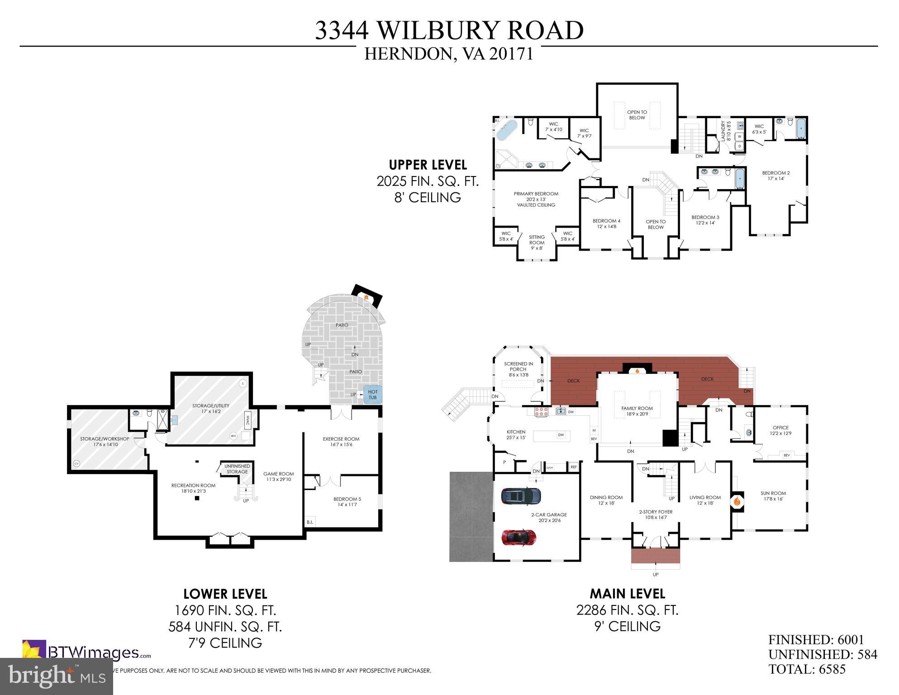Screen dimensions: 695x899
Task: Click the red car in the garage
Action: pyautogui.click(x=519, y=537)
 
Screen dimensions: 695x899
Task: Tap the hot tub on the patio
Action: pyautogui.click(x=373, y=395)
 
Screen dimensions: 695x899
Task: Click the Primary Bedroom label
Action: pyautogui.click(x=536, y=199)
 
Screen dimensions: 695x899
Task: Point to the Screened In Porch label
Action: pyautogui.click(x=518, y=369)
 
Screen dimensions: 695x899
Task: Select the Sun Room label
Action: pyautogui.click(x=773, y=496)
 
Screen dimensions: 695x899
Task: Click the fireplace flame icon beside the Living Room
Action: pyautogui.click(x=737, y=501)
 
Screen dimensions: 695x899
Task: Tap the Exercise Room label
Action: pyautogui.click(x=341, y=442)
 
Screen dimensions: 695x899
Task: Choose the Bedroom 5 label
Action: pyautogui.click(x=347, y=502)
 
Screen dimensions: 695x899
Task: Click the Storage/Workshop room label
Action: pyautogui.click(x=105, y=442)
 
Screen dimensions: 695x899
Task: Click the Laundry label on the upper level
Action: pyautogui.click(x=723, y=131)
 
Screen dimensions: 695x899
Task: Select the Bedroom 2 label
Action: pyautogui.click(x=775, y=176)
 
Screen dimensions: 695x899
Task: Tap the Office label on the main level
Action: pyautogui.click(x=780, y=430)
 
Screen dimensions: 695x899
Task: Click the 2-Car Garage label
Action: pyautogui.click(x=549, y=518)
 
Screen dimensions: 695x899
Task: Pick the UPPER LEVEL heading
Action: pyautogui.click(x=428, y=165)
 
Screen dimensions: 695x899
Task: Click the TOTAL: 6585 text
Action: pyautogui.click(x=807, y=669)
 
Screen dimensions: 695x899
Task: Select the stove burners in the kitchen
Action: pyautogui.click(x=542, y=412)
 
